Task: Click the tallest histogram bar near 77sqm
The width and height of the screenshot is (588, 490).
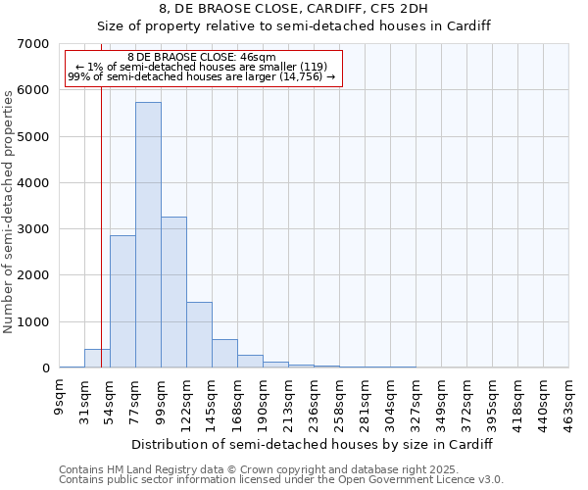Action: [x=148, y=235]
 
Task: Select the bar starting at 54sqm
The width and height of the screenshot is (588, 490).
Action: [x=122, y=302]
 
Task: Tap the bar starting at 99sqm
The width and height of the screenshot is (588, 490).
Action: [x=173, y=292]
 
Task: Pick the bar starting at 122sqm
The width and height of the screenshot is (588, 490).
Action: [x=199, y=335]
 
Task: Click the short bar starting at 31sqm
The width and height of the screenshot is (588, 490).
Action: [x=97, y=359]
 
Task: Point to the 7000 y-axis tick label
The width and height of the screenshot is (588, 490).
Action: [x=33, y=44]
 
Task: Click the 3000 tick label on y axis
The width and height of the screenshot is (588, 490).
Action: [x=33, y=229]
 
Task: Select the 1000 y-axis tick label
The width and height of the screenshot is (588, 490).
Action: [x=33, y=322]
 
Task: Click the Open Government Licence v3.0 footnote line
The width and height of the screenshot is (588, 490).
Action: [x=281, y=480]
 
